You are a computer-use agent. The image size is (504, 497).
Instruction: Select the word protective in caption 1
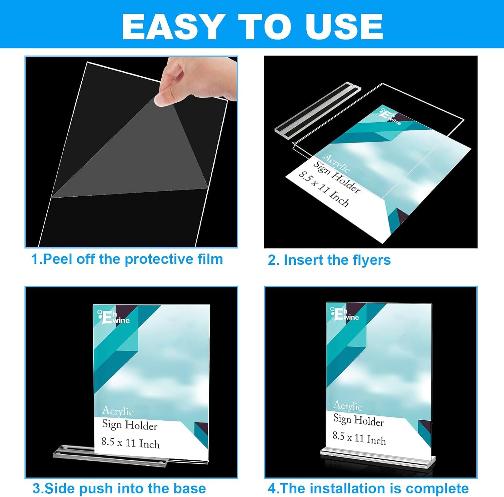point(158,259)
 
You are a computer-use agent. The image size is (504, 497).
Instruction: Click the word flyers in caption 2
point(371,260)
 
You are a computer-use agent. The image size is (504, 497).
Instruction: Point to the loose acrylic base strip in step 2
point(318,108)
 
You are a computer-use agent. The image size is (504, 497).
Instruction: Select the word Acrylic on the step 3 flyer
point(118,411)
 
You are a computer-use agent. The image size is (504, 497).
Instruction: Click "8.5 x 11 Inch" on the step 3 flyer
point(130,443)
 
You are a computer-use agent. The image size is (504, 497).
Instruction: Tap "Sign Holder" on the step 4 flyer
point(359,420)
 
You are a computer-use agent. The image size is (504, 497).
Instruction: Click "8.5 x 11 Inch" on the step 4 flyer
point(359,438)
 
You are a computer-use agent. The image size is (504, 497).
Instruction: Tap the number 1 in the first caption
point(34,259)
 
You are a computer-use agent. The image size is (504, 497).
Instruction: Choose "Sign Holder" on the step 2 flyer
point(337,177)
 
